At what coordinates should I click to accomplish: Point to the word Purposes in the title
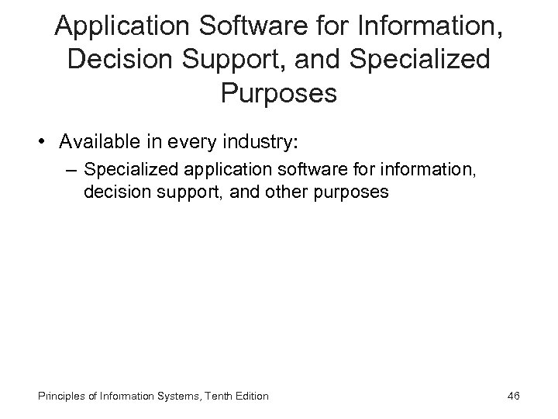click(x=279, y=94)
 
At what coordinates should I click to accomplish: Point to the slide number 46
click(x=512, y=396)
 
